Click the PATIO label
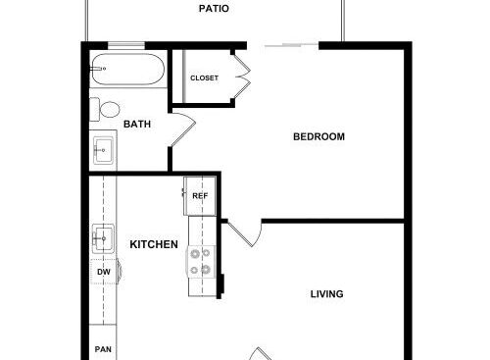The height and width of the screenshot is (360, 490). click(214, 9)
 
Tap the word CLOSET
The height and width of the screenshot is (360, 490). click(204, 78)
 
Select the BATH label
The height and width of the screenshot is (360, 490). click(137, 125)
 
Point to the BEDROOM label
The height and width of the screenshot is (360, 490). click(318, 136)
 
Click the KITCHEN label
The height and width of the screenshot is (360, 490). click(154, 244)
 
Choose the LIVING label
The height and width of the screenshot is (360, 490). click(326, 294)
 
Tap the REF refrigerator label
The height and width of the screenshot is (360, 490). click(200, 196)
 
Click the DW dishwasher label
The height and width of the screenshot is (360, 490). click(104, 272)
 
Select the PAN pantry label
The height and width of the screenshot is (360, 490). click(103, 349)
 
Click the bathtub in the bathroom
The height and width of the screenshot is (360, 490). click(127, 70)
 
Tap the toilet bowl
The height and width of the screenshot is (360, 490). click(110, 110)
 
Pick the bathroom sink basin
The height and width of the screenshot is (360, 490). click(103, 150)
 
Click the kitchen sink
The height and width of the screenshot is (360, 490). click(103, 238)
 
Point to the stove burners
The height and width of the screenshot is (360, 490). click(201, 262)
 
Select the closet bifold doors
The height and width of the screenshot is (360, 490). click(242, 77)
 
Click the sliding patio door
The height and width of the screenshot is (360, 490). click(292, 45)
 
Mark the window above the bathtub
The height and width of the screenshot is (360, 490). click(126, 45)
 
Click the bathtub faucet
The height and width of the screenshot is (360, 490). click(98, 69)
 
